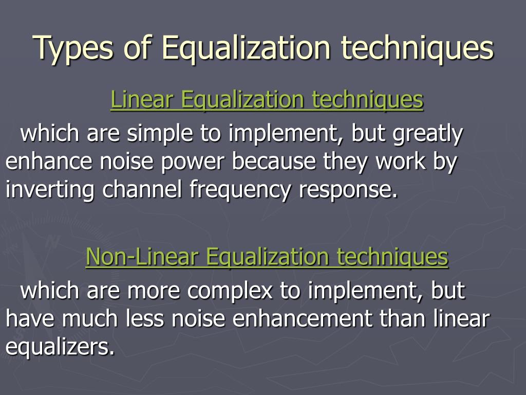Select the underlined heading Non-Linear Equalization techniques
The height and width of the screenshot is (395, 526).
click(x=267, y=257)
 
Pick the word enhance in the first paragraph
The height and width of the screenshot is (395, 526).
click(x=41, y=162)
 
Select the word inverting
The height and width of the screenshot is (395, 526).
click(x=50, y=190)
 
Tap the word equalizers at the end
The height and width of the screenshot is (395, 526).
click(x=60, y=348)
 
